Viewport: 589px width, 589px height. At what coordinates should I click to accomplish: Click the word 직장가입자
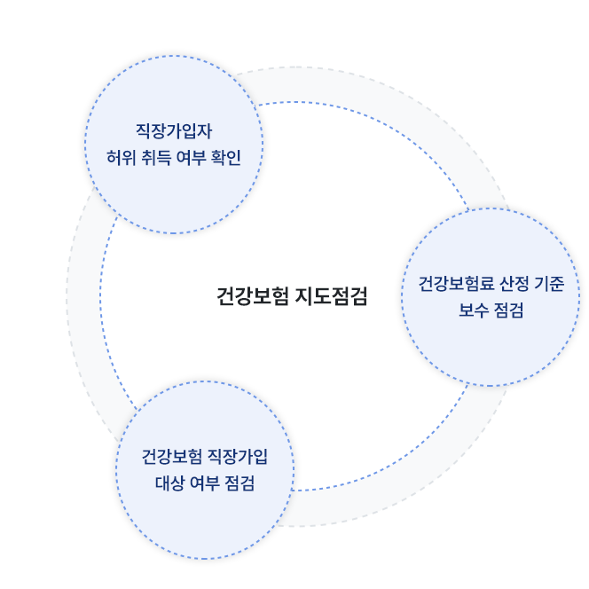coord(174,131)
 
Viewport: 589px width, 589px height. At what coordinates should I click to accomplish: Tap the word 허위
coord(121,157)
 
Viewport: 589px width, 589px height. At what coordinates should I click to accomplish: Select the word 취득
coord(156,157)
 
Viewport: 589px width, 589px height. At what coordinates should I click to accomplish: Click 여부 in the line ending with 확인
coord(191,157)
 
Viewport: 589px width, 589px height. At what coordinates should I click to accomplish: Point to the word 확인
coord(226,157)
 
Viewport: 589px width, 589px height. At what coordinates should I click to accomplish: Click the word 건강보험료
coord(457,284)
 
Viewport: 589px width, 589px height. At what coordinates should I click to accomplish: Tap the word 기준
coord(550,284)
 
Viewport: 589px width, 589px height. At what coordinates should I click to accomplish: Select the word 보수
coord(474,310)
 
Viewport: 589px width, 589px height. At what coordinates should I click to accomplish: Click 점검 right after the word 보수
coord(508,310)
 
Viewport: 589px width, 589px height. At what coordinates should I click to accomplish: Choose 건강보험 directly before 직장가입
coord(172,457)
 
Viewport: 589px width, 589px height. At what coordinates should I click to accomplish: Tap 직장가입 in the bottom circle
coord(238,457)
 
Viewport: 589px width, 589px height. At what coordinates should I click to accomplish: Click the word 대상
coord(169,483)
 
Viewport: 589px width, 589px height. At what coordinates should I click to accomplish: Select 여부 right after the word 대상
coord(204,483)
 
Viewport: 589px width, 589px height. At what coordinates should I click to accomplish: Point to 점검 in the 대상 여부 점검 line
coord(240,483)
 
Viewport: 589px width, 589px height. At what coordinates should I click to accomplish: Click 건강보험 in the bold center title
coord(253,296)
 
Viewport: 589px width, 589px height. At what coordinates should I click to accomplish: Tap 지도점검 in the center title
coord(331,296)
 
